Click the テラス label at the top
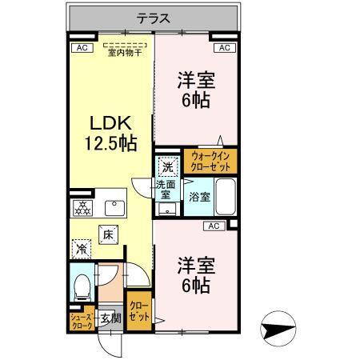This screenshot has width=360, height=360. coord(151,18)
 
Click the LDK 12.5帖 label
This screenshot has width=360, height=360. coord(110,134)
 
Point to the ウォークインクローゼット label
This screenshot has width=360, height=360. coord(210,161)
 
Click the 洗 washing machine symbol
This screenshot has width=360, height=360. coord(166,168)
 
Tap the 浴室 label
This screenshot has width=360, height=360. coord(199,197)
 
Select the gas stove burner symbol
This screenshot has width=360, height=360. coord(83,207)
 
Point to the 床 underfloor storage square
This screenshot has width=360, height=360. coord(110,234)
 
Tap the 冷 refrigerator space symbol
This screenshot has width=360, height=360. coord(83,249)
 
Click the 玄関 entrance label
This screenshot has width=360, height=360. coord(110,319)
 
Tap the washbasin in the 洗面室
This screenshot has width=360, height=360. coord(166,209)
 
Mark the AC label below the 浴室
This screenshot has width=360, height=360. coord(214,226)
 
